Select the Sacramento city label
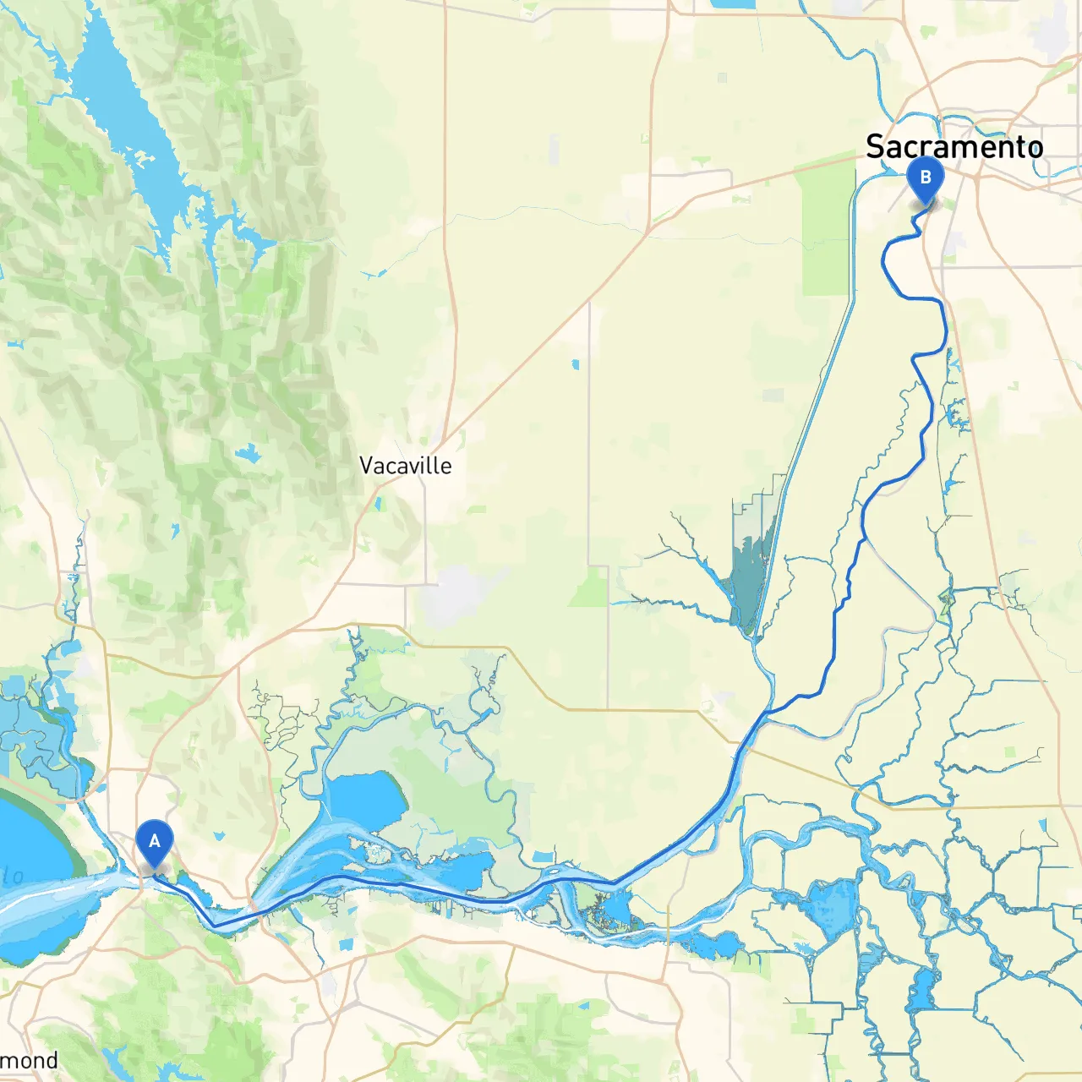[954, 146]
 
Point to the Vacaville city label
[405, 466]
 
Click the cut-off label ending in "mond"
[30, 1061]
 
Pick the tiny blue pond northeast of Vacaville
[576, 364]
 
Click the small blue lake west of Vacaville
[249, 455]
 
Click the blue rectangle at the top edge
[733, 3]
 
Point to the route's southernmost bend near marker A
[216, 925]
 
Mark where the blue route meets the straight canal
[765, 714]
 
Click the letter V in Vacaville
[367, 466]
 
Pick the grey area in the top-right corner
[1052, 34]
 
